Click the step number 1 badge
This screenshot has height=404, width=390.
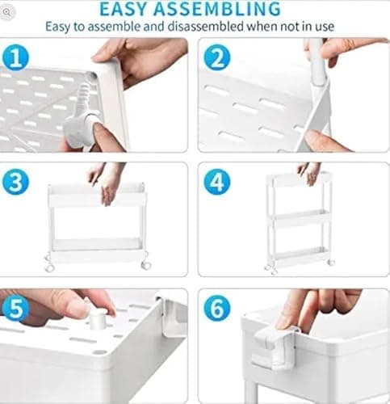point(16,57)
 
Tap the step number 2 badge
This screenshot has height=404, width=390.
point(216,57)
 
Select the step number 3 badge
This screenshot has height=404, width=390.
point(16,182)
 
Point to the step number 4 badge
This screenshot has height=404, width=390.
point(216,182)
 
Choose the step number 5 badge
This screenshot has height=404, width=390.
point(16,307)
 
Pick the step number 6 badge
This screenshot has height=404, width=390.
point(216,307)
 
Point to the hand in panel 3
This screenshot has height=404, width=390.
point(107,179)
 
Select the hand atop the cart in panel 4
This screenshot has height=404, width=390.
point(308,171)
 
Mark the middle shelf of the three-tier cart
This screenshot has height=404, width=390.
point(299,218)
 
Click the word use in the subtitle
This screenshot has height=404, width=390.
point(323,27)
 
